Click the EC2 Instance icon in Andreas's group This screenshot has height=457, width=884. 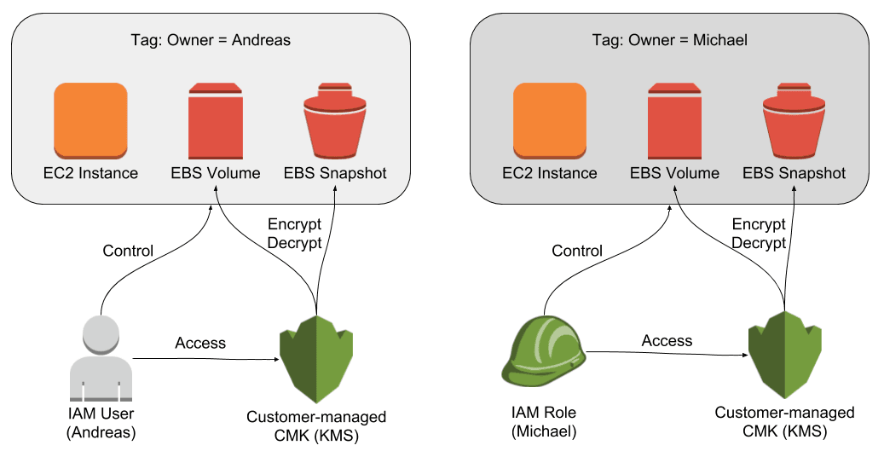(90, 120)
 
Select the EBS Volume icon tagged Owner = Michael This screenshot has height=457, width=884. (674, 120)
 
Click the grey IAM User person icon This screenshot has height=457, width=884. (101, 358)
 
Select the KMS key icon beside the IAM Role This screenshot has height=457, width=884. (784, 359)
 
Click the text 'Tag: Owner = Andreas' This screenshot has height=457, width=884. (211, 40)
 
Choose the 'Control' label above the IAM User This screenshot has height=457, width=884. (128, 251)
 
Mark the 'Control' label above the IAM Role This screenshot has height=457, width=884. (577, 251)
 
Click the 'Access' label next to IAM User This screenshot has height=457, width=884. (200, 343)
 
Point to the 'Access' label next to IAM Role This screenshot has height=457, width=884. (667, 340)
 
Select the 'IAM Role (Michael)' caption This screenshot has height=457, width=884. (544, 422)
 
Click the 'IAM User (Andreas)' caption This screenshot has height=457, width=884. (101, 423)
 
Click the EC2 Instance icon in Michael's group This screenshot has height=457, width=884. (549, 120)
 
